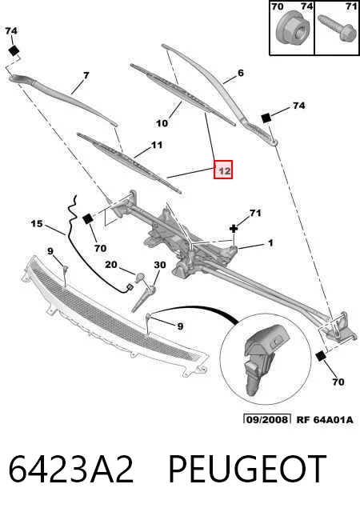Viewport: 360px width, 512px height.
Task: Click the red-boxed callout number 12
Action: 223,170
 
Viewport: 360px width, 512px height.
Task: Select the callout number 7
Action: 86,76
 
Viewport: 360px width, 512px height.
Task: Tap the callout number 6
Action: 241,73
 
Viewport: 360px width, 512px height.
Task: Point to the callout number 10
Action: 162,123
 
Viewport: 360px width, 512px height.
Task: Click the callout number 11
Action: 157,145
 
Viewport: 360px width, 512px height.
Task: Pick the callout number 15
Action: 37,224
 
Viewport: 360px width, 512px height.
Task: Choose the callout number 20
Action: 110,264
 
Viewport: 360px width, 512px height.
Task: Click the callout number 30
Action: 160,265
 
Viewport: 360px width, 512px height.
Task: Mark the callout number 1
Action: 270,243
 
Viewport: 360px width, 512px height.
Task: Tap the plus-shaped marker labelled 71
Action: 234,229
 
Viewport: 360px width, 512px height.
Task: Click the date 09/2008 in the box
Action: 267,419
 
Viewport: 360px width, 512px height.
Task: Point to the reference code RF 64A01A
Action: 325,419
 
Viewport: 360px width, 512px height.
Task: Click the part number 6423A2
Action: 71,470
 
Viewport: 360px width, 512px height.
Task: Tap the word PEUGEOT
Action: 247,470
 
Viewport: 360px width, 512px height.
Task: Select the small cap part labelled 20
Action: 140,278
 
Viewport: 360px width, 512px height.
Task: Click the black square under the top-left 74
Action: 14,51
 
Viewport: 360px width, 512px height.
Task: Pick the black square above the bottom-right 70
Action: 321,356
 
